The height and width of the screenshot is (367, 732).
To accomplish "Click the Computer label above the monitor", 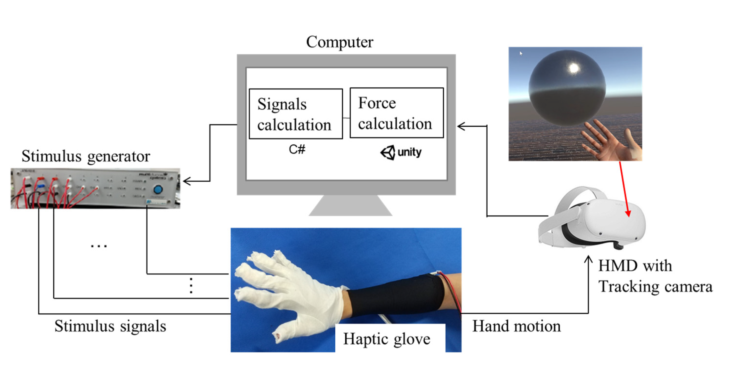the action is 339,42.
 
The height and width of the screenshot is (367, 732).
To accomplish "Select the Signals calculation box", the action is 295,114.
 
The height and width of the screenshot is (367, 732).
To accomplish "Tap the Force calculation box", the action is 396,113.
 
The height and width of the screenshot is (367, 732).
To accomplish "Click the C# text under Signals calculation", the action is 297,149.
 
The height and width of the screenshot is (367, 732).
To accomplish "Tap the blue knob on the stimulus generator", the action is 158,189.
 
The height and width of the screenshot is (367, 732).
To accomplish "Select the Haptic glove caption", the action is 387,339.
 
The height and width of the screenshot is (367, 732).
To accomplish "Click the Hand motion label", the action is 516,326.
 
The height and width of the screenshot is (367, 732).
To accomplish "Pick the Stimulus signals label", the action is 110,326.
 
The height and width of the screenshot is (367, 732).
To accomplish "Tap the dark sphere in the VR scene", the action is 567,88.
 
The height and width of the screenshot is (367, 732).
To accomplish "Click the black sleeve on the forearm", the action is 395,296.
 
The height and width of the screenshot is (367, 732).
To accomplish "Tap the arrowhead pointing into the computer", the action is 461,126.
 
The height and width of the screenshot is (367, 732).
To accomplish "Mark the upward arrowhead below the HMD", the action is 588,259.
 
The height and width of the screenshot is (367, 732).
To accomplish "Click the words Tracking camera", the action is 655,286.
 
